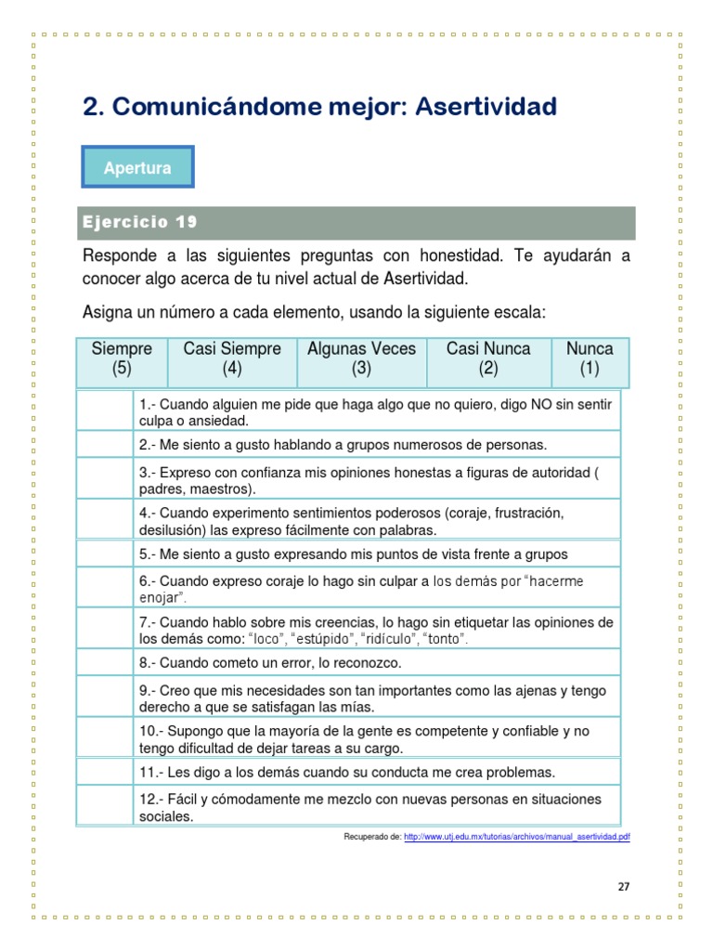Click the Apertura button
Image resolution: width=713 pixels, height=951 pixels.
click(x=137, y=169)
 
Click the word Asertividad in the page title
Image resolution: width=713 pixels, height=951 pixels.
click(x=486, y=107)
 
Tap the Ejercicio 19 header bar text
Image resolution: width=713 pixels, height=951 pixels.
click(x=138, y=223)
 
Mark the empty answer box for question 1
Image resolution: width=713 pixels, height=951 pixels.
click(x=105, y=412)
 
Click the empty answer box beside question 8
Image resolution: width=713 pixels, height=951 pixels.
click(x=105, y=663)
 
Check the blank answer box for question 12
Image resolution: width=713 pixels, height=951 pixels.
click(x=105, y=807)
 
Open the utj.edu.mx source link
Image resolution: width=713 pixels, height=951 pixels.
click(x=518, y=837)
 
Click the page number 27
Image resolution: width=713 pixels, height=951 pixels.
click(x=623, y=886)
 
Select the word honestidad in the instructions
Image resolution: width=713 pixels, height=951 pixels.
click(x=460, y=254)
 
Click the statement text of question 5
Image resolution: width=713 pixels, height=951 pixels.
click(x=354, y=554)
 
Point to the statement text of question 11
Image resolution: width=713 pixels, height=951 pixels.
click(x=347, y=772)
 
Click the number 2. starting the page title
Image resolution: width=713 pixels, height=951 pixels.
click(x=92, y=107)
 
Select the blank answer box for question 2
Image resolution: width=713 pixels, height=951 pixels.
click(x=105, y=445)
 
